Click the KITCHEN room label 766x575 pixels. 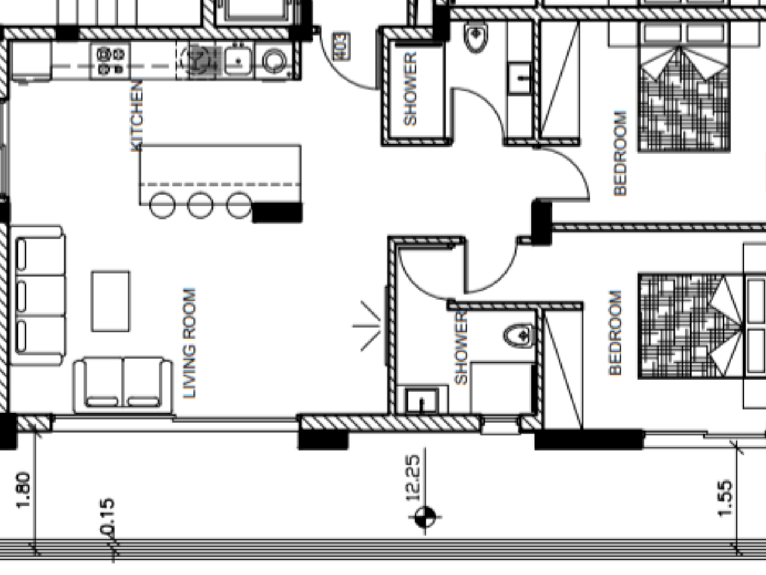coord(136,116)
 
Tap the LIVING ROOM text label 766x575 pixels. coord(190,343)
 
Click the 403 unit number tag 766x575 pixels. coord(341,46)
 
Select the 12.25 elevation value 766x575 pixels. coord(413,478)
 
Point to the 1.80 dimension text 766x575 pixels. coord(23,490)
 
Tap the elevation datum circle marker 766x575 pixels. coord(425,517)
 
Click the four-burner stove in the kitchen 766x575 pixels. coord(111,61)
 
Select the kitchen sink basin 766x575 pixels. coord(238,61)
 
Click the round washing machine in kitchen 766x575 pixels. coord(274,61)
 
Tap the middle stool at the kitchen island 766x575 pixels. coord(200,205)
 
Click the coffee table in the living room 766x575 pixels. coord(111,301)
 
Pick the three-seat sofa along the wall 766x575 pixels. coord(37,295)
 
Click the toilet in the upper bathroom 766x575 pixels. coord(476,38)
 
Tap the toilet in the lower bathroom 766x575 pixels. coord(518,336)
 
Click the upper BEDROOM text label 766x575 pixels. coord(620,153)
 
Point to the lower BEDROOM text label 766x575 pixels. coord(615,333)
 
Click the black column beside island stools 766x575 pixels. coord(277,212)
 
